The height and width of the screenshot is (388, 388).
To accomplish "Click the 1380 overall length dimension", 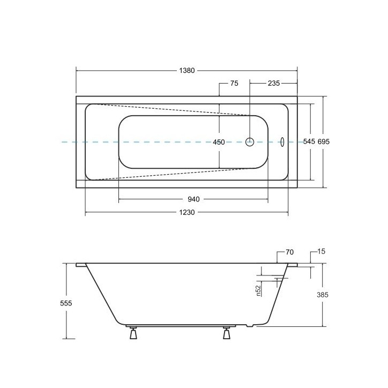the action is pyautogui.click(x=187, y=71).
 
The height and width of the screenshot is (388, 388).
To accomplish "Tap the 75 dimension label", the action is pyautogui.click(x=234, y=84).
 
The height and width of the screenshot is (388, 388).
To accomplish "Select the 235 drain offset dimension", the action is pyautogui.click(x=274, y=84).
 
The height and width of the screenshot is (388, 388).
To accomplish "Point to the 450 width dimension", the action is pyautogui.click(x=219, y=142).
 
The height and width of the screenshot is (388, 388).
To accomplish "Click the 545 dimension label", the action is pyautogui.click(x=309, y=141).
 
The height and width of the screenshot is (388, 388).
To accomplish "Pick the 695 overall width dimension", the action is pyautogui.click(x=323, y=141).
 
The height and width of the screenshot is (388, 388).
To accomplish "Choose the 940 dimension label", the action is pyautogui.click(x=193, y=199).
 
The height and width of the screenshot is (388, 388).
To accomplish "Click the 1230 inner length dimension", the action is pyautogui.click(x=187, y=212).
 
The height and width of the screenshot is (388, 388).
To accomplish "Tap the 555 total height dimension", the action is pyautogui.click(x=66, y=303).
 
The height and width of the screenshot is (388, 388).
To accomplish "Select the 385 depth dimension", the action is pyautogui.click(x=323, y=295).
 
